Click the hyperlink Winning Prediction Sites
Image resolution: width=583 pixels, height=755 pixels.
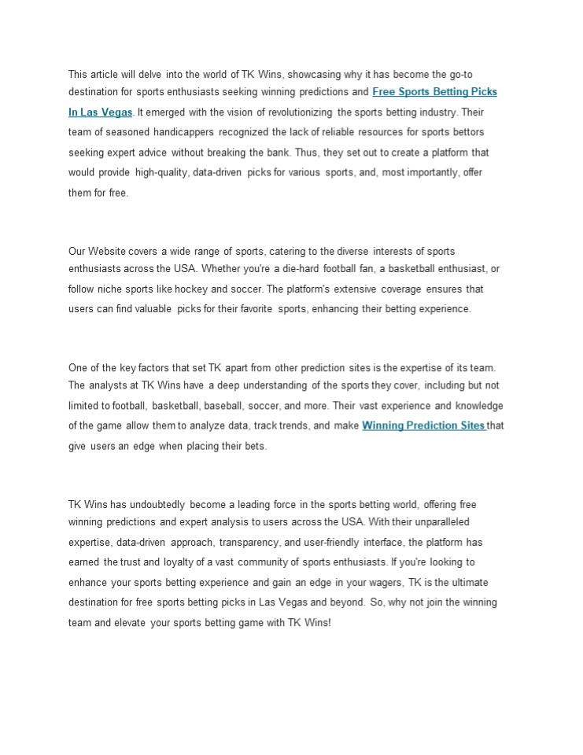click(423, 425)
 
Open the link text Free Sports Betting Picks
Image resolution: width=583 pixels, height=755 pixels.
click(434, 92)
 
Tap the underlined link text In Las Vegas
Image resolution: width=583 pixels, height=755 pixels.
click(100, 112)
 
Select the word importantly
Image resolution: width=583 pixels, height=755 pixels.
click(430, 172)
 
